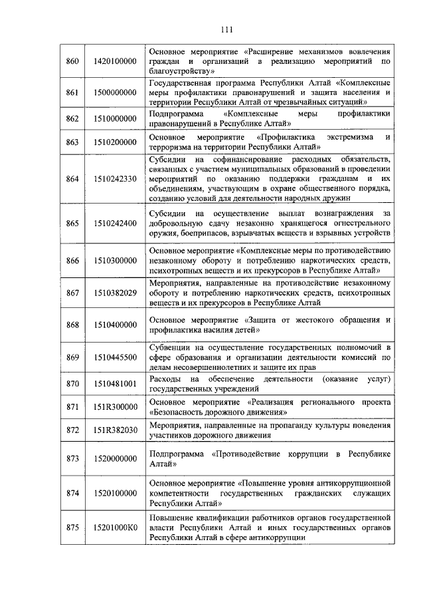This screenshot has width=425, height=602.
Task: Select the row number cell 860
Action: click(x=73, y=61)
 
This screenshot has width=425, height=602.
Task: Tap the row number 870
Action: click(x=73, y=384)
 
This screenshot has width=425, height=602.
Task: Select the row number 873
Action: click(x=73, y=459)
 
